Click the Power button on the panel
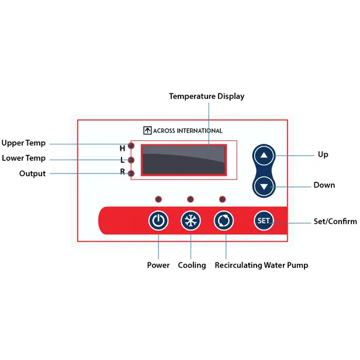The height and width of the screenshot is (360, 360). tap(158, 220)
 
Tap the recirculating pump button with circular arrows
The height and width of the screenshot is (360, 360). tap(224, 220)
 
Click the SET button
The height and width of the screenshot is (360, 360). tap(264, 220)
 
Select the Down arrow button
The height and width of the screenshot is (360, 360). tap(265, 187)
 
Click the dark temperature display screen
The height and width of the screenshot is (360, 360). tap(184, 160)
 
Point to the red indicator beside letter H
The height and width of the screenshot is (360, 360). tap(132, 146)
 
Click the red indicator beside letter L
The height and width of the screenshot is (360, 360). tap(132, 160)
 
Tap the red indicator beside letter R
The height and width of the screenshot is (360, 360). tap(132, 173)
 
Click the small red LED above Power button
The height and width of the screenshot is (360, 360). tap(158, 198)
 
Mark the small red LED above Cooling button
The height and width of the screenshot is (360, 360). tap(190, 198)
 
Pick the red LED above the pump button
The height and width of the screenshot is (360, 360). tap(222, 198)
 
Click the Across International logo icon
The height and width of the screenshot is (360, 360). tap(147, 131)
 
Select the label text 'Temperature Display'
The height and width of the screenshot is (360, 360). tap(207, 96)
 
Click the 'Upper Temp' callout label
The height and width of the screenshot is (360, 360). tap(23, 143)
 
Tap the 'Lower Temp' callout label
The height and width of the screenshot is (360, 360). tap(23, 158)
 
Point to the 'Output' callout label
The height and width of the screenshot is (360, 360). tap(32, 174)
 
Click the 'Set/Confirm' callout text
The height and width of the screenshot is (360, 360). tap(335, 221)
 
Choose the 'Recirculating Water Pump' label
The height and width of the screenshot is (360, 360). tap(261, 265)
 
